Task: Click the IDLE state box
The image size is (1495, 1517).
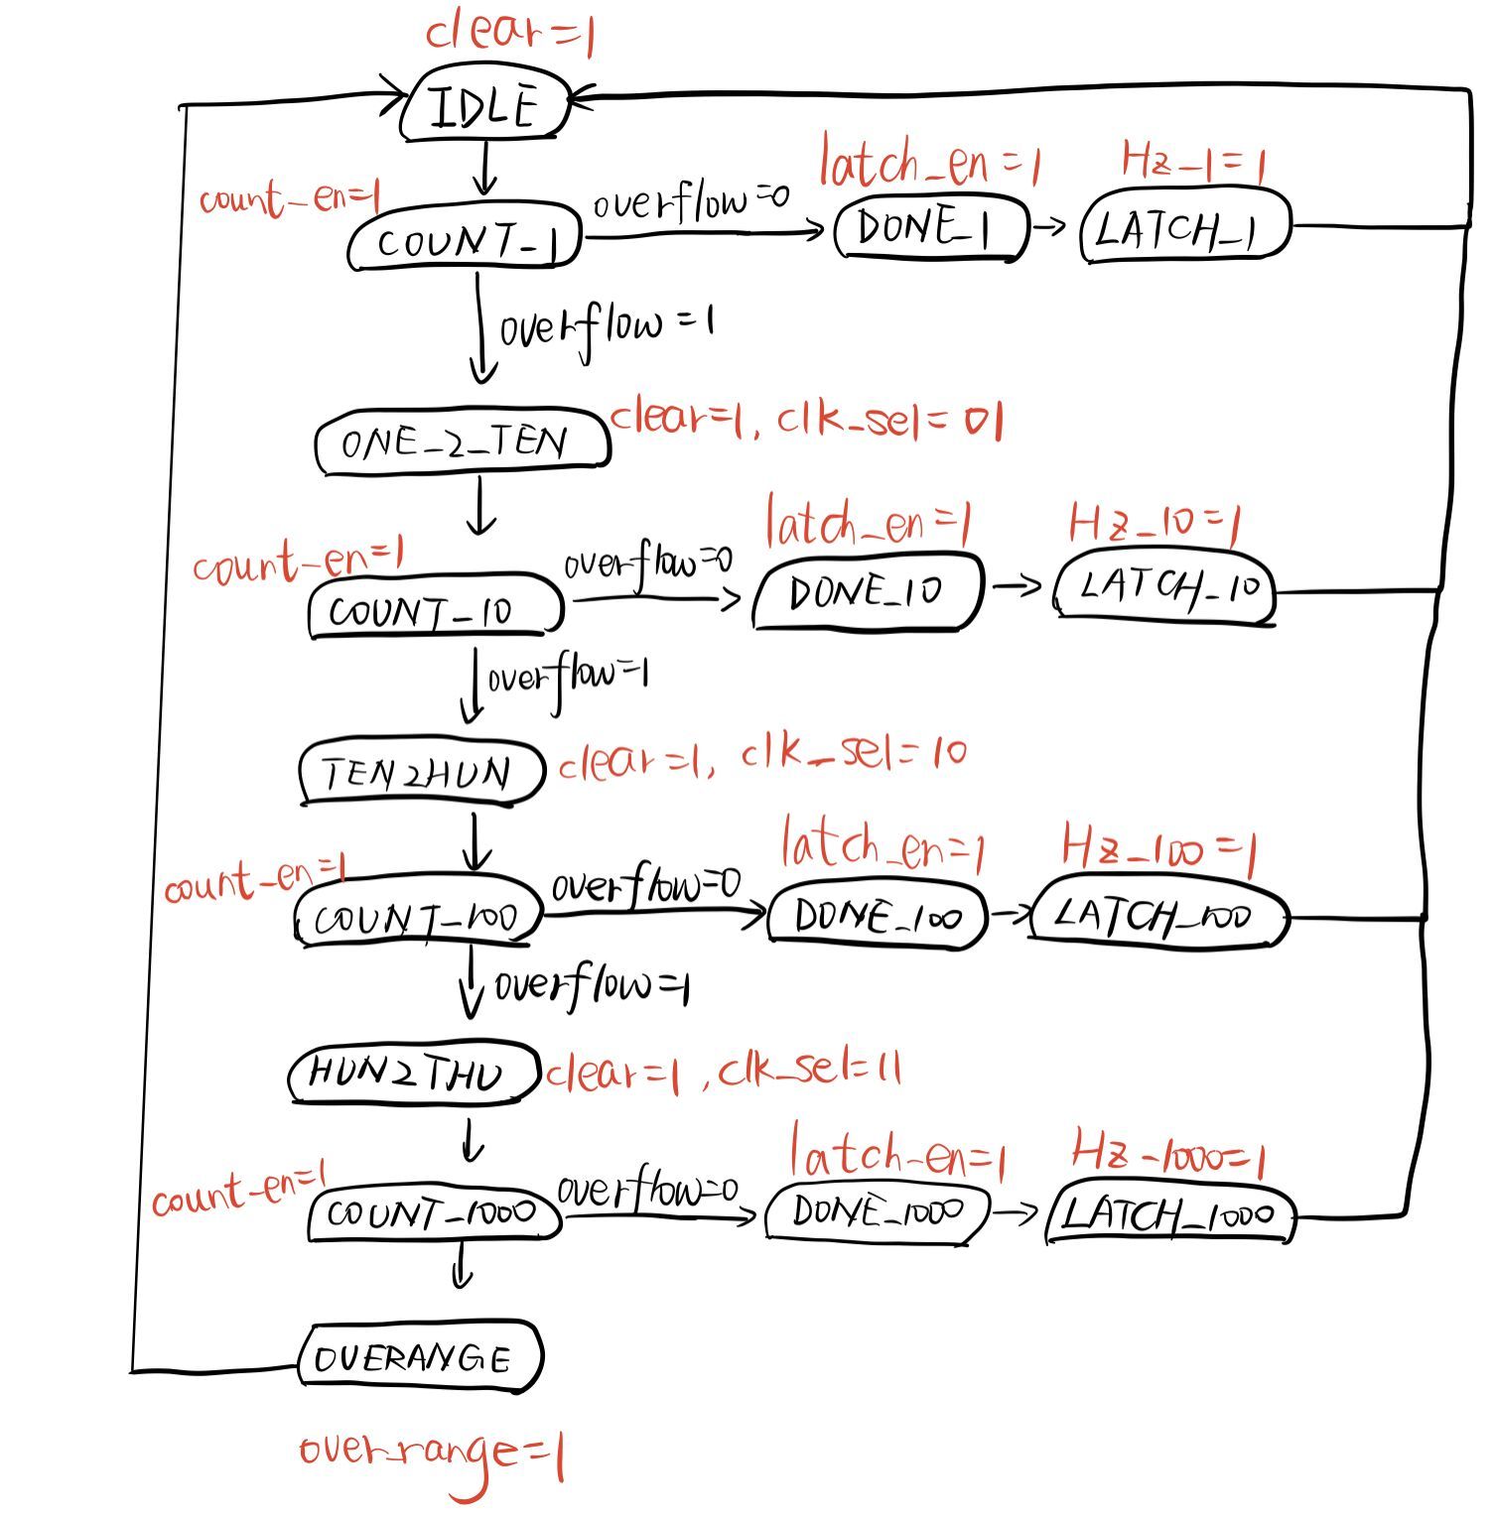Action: [x=485, y=105]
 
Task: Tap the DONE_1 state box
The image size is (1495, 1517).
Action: [x=929, y=229]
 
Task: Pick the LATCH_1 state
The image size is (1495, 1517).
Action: [x=1184, y=229]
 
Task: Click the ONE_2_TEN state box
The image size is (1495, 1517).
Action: [x=461, y=442]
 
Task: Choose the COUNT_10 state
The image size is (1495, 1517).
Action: [x=435, y=607]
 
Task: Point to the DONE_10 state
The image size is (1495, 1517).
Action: [x=868, y=592]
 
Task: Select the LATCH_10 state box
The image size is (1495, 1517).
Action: [x=1164, y=589]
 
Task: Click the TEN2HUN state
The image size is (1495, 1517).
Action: [x=421, y=773]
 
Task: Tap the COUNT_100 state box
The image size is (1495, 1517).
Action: [x=418, y=917]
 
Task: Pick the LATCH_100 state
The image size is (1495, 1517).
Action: [x=1158, y=916]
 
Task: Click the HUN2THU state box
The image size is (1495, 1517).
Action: [x=413, y=1073]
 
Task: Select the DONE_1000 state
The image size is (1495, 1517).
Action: [x=878, y=1212]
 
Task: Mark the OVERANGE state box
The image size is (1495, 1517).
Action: [x=420, y=1357]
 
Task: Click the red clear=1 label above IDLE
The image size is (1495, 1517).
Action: [x=509, y=32]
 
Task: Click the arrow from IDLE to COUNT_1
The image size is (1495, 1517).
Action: [x=484, y=169]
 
